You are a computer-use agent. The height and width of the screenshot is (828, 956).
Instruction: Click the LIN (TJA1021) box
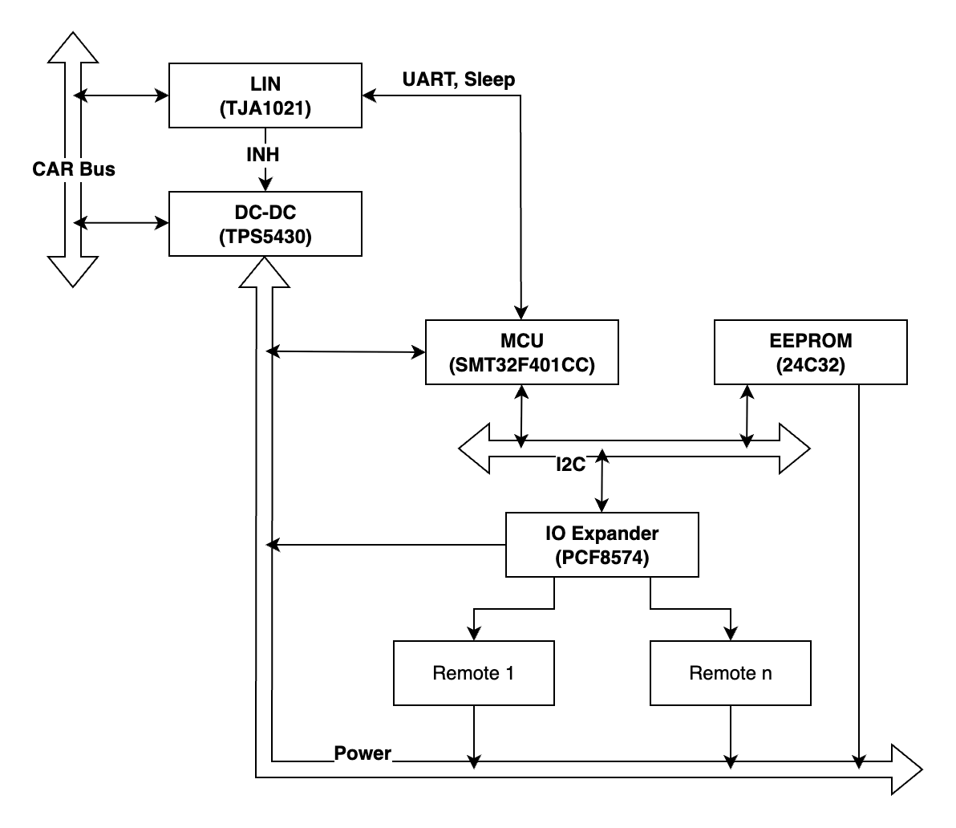pos(265,95)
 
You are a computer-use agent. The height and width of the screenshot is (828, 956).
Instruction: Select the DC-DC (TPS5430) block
pos(265,224)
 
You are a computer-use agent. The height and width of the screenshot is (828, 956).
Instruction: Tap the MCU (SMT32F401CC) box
pos(521,352)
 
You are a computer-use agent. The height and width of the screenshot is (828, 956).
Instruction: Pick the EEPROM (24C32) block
pos(810,352)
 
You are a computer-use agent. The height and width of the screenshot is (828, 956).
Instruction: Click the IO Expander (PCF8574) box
pos(602,545)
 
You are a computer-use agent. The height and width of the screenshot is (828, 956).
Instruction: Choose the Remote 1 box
pos(473,672)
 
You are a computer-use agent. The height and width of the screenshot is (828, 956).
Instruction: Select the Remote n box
pos(730,672)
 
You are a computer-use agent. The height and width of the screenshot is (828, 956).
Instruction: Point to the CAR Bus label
pos(74,169)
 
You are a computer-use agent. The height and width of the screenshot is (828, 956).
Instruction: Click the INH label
pos(263,155)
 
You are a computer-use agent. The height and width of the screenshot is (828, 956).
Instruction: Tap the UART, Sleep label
pos(459,79)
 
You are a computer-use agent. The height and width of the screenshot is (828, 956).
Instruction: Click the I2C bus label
pos(571,465)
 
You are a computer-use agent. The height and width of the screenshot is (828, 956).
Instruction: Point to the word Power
pos(363,753)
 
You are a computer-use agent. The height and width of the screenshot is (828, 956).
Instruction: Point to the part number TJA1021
pos(265,110)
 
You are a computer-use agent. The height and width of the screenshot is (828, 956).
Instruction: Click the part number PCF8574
pos(602,559)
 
